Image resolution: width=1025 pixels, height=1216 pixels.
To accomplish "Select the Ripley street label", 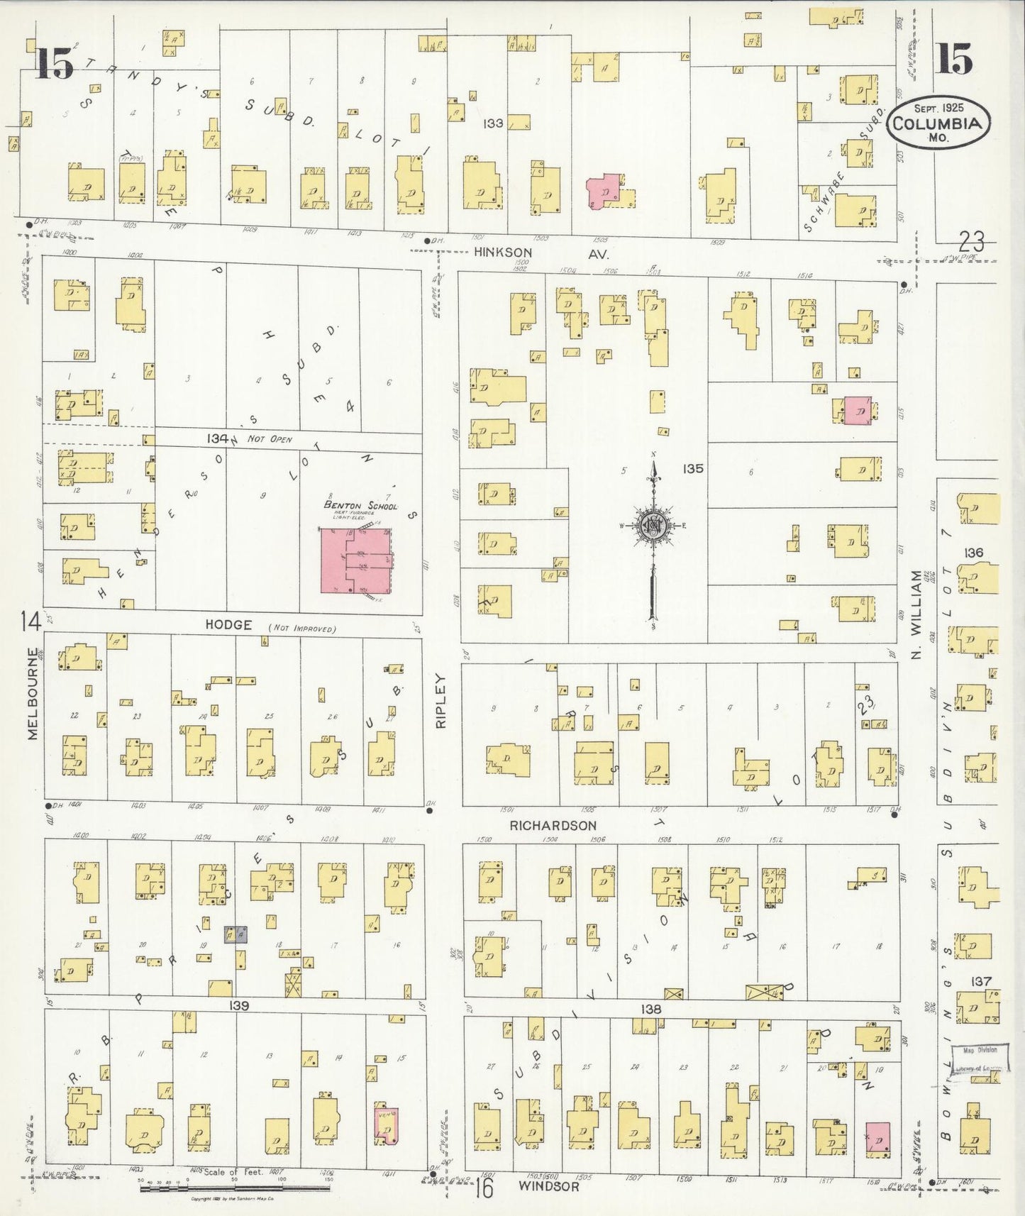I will click(x=441, y=701).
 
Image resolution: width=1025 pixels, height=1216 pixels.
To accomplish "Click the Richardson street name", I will click(x=553, y=826).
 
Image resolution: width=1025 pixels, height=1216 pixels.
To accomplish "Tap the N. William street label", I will click(x=916, y=614).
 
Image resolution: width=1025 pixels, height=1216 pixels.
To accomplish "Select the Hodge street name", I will click(x=228, y=624).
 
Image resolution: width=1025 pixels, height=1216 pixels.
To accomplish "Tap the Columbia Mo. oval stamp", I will click(x=938, y=123).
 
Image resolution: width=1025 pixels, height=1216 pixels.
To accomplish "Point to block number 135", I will click(x=693, y=468).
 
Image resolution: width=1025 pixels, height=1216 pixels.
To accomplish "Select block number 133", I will click(x=493, y=123).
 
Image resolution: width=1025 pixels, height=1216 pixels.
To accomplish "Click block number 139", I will click(x=239, y=1005).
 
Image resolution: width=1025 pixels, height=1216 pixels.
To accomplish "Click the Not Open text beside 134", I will click(x=270, y=439).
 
